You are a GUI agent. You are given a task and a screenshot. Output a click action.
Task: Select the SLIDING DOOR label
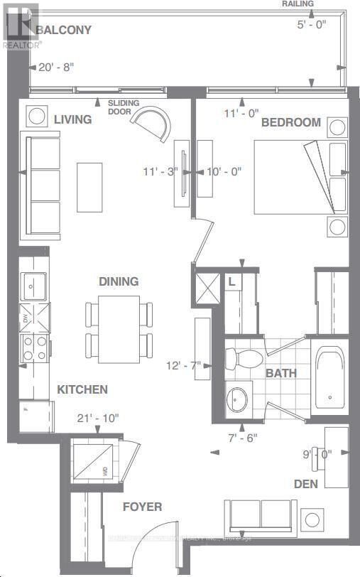pos(124,107)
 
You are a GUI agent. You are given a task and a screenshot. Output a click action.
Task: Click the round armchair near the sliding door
pos(156,124)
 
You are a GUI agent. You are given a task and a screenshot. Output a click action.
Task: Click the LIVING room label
pos(72,119)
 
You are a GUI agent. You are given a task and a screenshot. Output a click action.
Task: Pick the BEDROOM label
pos(290,122)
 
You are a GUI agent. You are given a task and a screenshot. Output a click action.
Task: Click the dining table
pos(119,328)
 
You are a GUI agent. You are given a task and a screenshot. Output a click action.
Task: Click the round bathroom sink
pos(237,401)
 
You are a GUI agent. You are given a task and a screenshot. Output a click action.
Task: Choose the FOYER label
pos(142,507)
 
